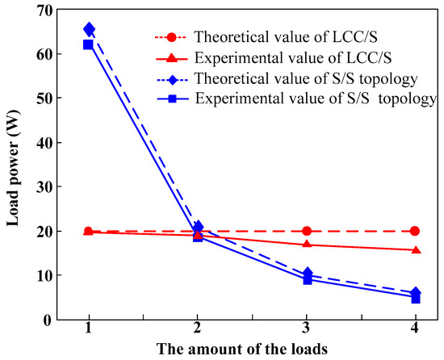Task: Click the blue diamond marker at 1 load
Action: point(89,30)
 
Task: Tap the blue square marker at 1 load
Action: point(89,44)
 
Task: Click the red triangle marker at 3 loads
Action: point(306,244)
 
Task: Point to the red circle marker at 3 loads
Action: point(306,231)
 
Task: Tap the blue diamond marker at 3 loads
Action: point(306,274)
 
